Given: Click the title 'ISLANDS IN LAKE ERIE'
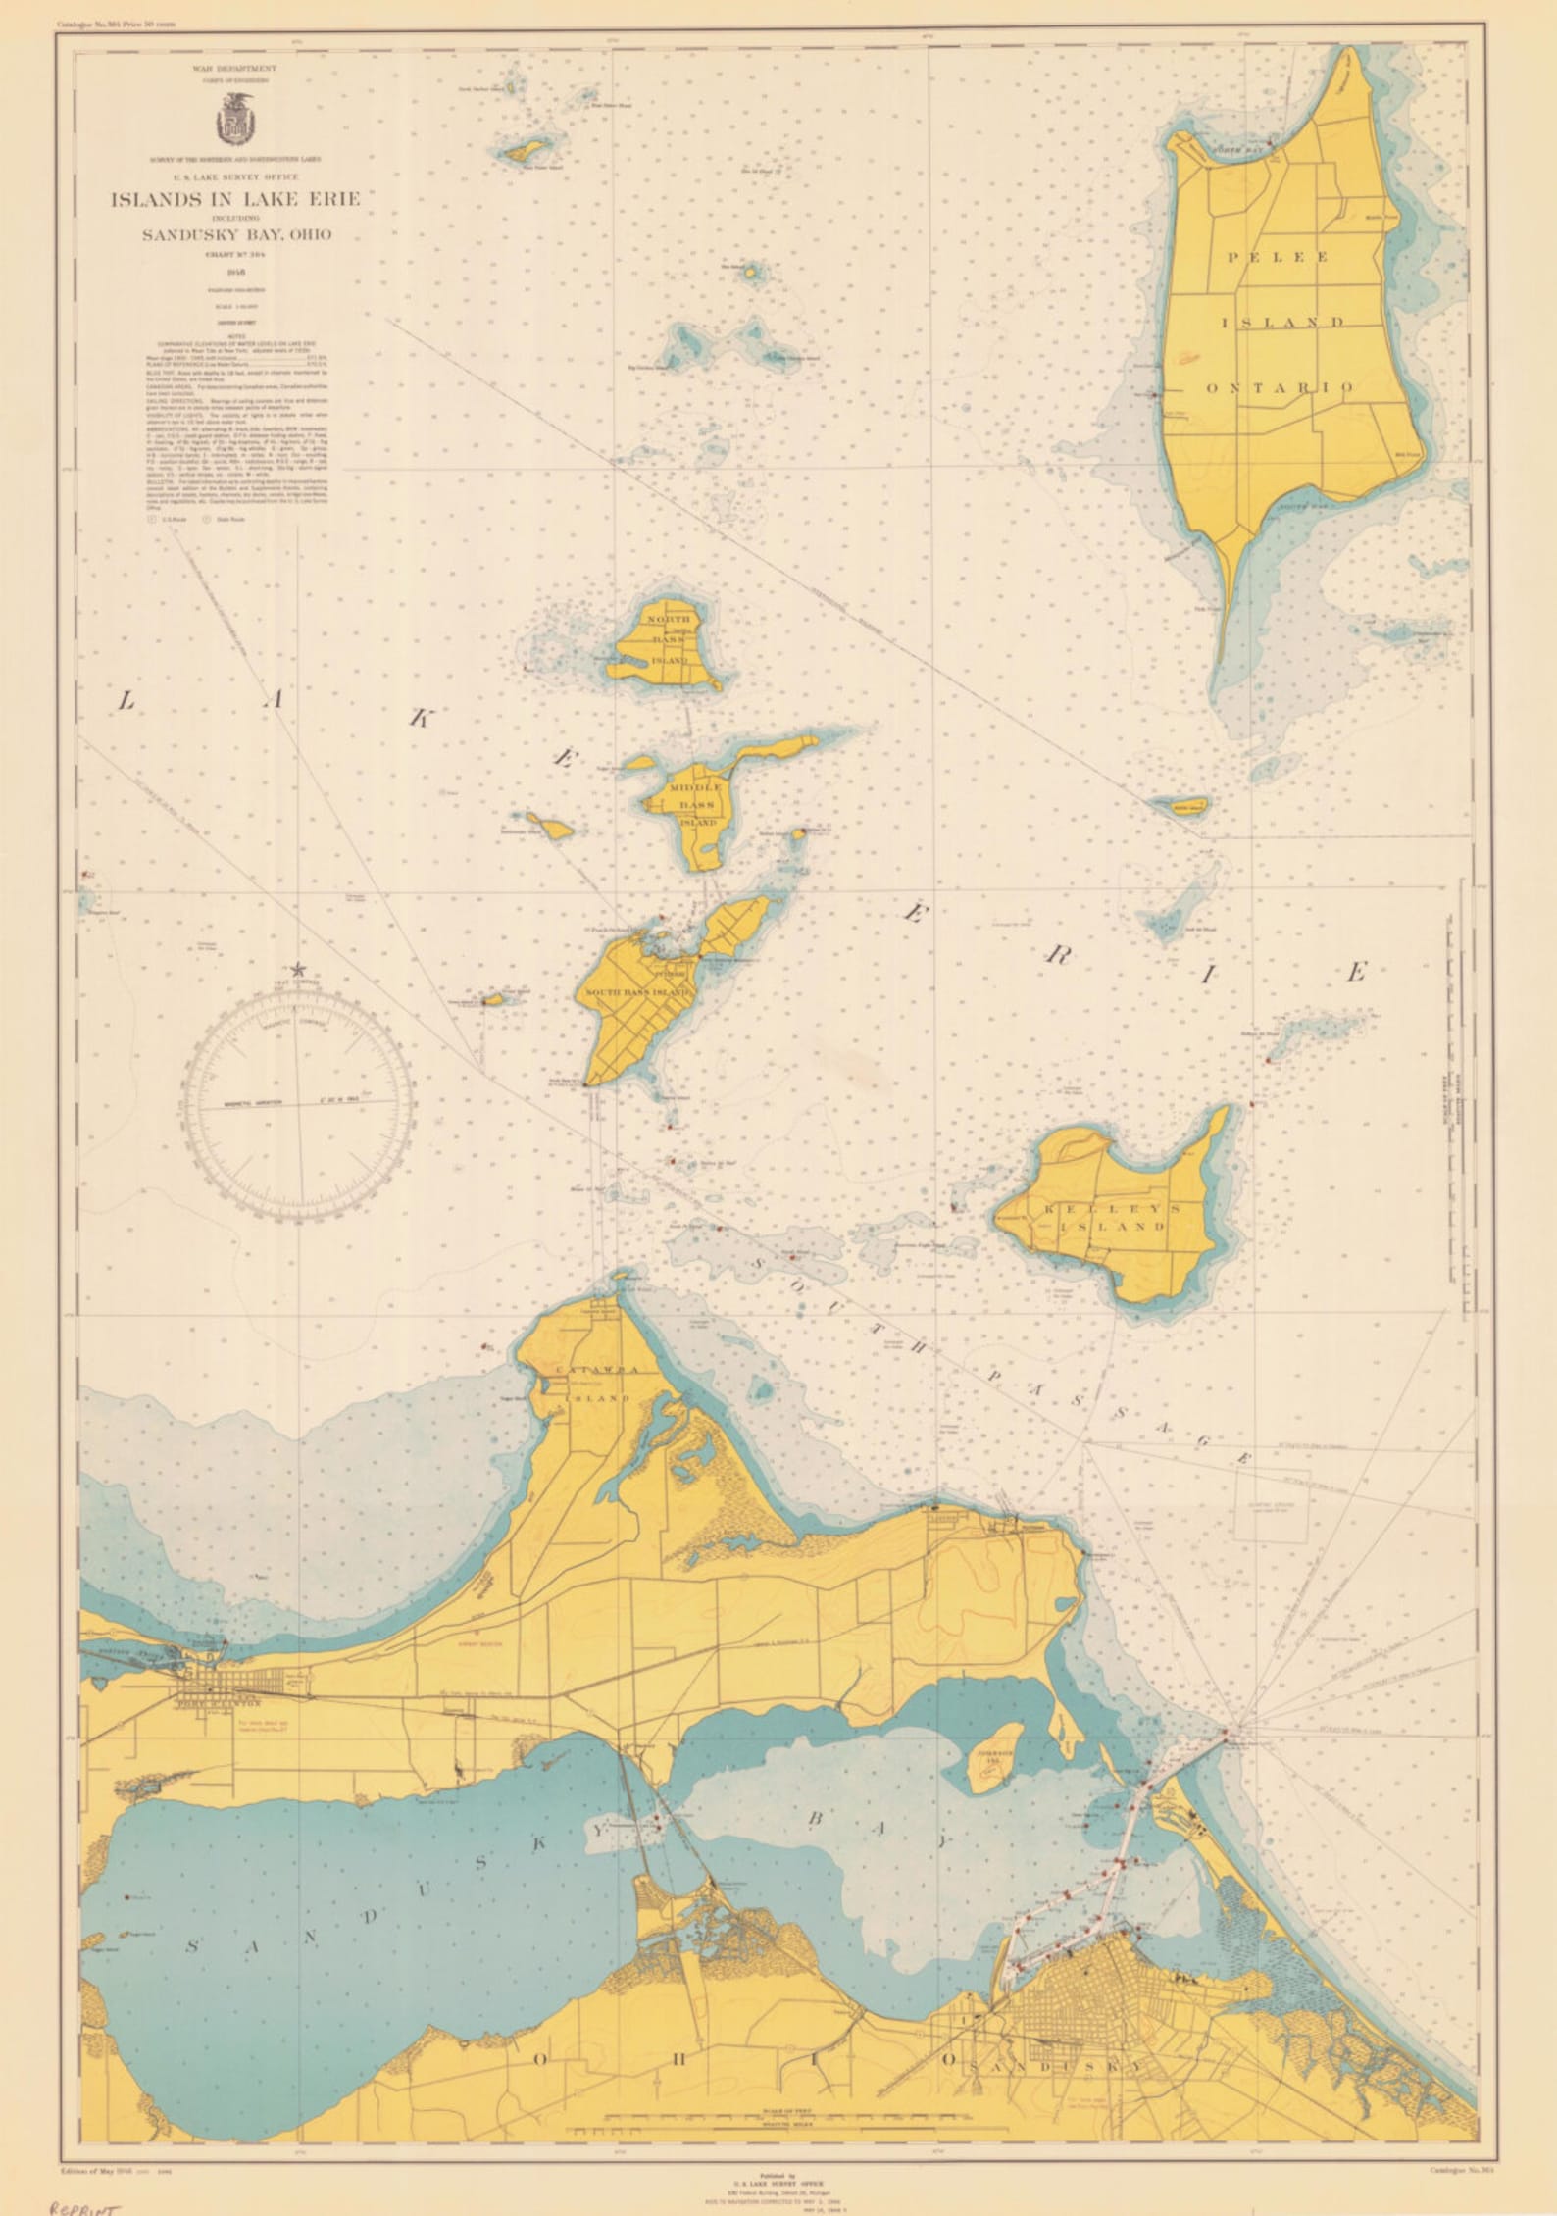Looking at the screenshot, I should (234, 199).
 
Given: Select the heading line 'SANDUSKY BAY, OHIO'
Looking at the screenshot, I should (236, 234).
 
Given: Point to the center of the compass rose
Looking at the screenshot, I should (298, 1102).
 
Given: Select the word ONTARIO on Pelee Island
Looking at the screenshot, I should (1281, 387).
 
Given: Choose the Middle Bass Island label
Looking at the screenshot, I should (696, 805).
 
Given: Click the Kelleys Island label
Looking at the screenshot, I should (1104, 1218).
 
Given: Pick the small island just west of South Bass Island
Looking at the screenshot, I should (493, 999).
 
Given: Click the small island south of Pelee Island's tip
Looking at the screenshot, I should (1180, 806).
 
